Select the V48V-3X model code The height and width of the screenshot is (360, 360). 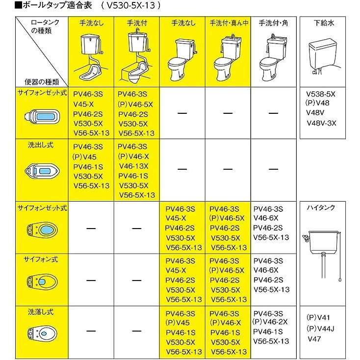322,123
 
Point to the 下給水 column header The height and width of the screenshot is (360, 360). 324,23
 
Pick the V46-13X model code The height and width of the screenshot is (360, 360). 133,166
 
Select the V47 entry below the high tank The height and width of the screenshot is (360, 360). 314,338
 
